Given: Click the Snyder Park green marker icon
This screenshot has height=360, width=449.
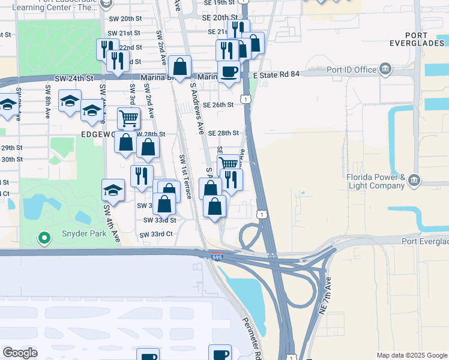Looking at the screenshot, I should tap(43, 238).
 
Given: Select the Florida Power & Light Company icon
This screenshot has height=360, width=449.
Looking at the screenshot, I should tap(415, 181).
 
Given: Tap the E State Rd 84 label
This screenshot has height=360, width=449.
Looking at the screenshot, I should tap(276, 74).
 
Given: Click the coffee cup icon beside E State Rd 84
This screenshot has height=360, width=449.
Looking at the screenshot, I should tap(229, 72).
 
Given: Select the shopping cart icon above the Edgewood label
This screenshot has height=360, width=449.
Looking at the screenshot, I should tap(128, 118).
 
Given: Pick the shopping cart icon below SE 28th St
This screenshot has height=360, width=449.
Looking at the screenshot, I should tap(228, 163).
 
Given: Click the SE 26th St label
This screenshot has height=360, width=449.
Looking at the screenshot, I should tap(218, 104).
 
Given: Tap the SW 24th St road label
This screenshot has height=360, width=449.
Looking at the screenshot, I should tap(74, 78).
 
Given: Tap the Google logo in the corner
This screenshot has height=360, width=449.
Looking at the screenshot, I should tap(20, 352).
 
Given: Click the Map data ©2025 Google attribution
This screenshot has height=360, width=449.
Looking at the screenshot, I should tap(411, 355).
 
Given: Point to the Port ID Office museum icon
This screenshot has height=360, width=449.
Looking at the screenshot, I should tap(386, 69).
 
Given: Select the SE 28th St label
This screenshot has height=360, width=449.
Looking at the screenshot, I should tap(223, 133).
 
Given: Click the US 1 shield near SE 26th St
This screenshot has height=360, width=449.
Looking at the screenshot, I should tap(246, 97).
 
